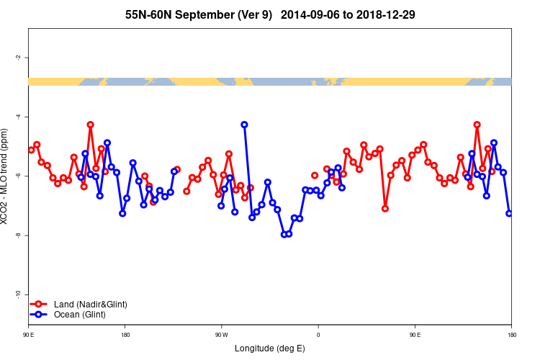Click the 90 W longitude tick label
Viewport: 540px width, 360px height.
(221, 335)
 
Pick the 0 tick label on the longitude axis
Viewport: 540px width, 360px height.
(318, 335)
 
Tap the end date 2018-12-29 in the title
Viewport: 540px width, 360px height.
(384, 14)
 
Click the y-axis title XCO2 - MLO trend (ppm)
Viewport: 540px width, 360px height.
(6, 176)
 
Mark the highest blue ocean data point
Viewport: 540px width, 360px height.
(245, 125)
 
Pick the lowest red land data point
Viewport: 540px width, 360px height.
(385, 209)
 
